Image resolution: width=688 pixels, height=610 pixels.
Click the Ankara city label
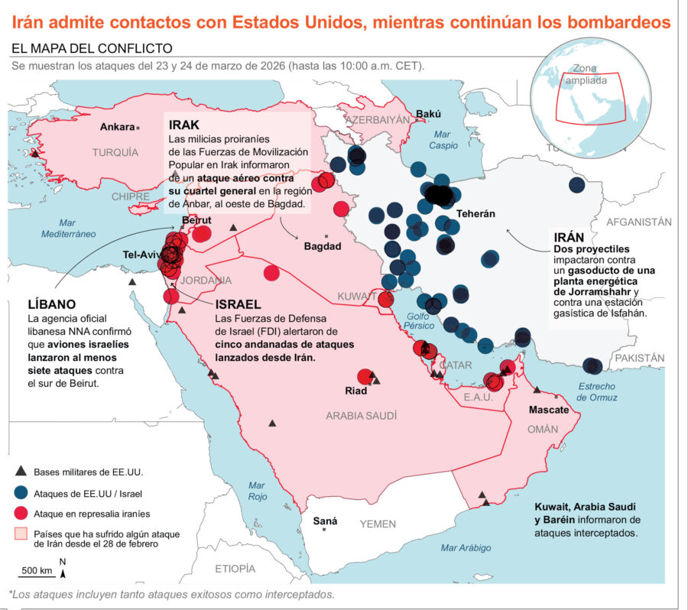tap(117, 127)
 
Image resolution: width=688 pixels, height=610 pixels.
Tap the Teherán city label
tap(475, 214)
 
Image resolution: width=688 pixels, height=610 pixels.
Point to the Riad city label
tap(356, 391)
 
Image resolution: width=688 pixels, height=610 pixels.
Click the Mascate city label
tap(549, 410)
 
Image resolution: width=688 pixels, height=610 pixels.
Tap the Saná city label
tap(325, 521)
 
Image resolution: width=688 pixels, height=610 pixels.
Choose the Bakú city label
tap(428, 115)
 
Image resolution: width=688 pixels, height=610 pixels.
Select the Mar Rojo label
tap(258, 492)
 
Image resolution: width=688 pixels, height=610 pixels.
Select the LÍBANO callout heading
tap(52, 303)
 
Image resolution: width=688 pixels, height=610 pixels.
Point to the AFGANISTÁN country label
tap(639, 222)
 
